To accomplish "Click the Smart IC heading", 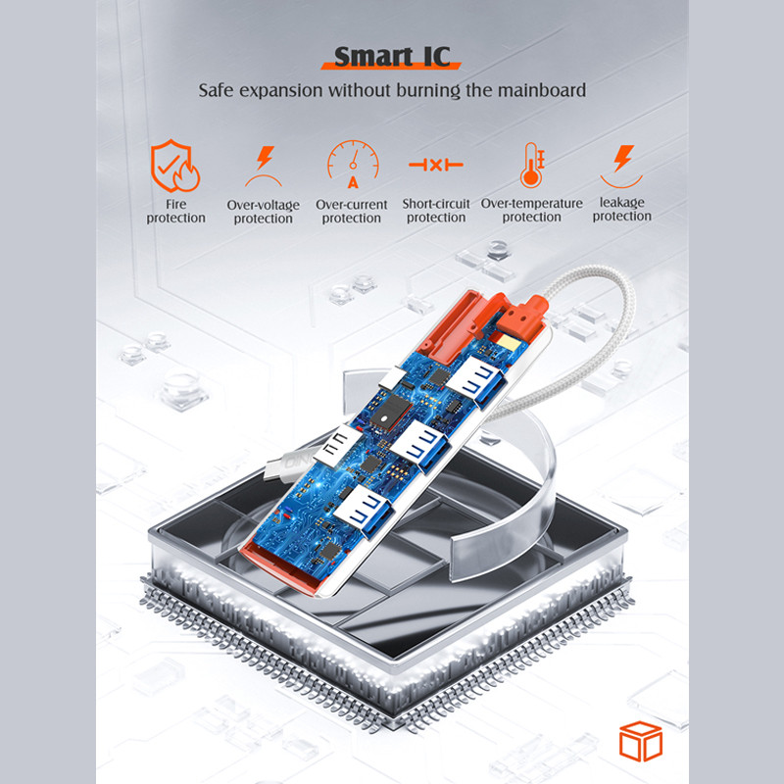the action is pyautogui.click(x=392, y=57).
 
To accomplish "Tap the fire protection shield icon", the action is pyautogui.click(x=175, y=166).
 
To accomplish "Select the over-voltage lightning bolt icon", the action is pyautogui.click(x=264, y=166).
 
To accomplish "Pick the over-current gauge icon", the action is pyautogui.click(x=353, y=164).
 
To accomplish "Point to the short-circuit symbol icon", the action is pyautogui.click(x=436, y=165).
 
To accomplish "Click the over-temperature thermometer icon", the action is pyautogui.click(x=532, y=165).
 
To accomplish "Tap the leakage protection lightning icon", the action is pyautogui.click(x=621, y=166).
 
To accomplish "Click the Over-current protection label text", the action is pyautogui.click(x=352, y=211).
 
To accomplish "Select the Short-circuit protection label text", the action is pyautogui.click(x=436, y=211).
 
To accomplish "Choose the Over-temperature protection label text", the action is pyautogui.click(x=531, y=210).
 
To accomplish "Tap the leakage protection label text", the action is pyautogui.click(x=622, y=209).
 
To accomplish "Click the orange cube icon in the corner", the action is pyautogui.click(x=641, y=741).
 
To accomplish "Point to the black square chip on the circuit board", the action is pyautogui.click(x=390, y=412).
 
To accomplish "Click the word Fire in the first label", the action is pyautogui.click(x=176, y=204).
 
